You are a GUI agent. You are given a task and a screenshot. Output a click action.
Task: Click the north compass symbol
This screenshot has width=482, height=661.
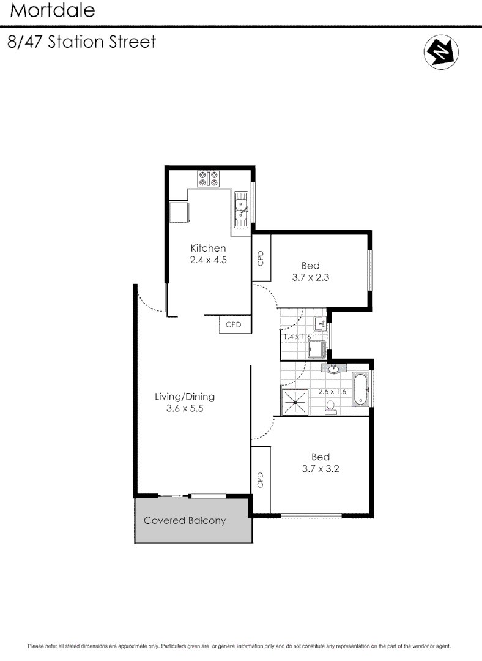441,52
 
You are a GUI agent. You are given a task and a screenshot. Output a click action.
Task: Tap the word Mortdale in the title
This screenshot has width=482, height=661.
52,10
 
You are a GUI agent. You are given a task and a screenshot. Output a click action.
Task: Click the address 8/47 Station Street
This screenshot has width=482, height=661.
81,42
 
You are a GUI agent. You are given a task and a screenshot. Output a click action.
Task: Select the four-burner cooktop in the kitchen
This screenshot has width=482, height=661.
209,179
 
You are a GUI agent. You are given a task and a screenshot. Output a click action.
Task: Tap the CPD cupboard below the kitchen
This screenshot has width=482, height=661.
234,325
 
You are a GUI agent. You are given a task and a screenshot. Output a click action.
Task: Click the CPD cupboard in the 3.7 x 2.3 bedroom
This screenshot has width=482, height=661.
261,258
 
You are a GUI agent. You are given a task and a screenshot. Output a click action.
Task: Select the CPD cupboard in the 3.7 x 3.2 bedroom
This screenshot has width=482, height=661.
261,480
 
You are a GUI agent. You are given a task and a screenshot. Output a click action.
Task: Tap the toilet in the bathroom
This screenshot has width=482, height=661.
330,408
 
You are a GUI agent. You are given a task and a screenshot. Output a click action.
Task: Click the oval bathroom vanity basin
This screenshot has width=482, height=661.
333,368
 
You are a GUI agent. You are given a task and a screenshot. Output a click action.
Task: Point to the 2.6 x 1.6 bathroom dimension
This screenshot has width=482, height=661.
332,391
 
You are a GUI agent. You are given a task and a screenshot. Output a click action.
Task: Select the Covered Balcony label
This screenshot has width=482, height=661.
185,521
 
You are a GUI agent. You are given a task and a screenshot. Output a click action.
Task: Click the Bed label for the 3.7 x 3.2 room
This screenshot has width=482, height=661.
321,457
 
